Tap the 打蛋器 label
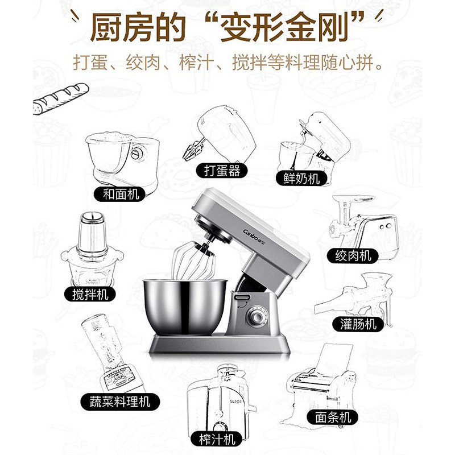(x=222, y=170)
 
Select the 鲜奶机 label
(x=301, y=178)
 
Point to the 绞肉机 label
(x=353, y=255)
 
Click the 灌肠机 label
(x=358, y=324)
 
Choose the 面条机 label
(x=333, y=417)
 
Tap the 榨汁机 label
(x=217, y=439)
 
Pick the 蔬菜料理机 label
(x=120, y=402)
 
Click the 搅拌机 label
(x=90, y=294)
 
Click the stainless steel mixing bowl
(x=185, y=305)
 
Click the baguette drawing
(x=61, y=98)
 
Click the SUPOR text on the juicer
(x=235, y=402)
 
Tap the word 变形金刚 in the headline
(x=284, y=27)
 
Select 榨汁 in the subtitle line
(x=197, y=63)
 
